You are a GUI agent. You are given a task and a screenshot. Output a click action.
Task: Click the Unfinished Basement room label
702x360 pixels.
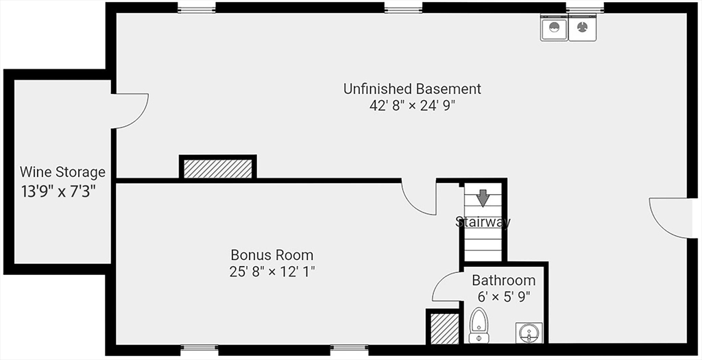pyautogui.click(x=412, y=88)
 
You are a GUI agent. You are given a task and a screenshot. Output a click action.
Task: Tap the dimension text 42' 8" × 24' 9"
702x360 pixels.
pyautogui.click(x=412, y=106)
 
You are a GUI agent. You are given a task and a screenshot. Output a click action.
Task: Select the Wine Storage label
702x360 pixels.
pyautogui.click(x=62, y=172)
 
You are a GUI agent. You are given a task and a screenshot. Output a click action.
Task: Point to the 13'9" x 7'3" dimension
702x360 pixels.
pyautogui.click(x=58, y=191)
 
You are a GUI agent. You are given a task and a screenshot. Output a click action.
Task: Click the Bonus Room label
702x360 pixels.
pyautogui.click(x=272, y=255)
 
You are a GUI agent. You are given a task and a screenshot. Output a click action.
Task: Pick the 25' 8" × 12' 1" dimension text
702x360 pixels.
pyautogui.click(x=272, y=272)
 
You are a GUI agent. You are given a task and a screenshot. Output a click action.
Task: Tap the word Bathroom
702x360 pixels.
pyautogui.click(x=504, y=280)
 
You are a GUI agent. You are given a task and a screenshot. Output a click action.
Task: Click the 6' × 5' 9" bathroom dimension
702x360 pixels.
pyautogui.click(x=504, y=297)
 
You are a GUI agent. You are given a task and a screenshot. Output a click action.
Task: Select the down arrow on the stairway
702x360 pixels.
pyautogui.click(x=482, y=197)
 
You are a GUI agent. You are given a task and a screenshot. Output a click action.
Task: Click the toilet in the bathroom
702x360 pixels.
pyautogui.click(x=479, y=325)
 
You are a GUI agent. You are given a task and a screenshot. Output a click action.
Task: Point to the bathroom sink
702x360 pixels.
pyautogui.click(x=529, y=333)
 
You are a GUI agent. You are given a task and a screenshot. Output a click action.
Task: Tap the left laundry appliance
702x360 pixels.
pyautogui.click(x=554, y=27)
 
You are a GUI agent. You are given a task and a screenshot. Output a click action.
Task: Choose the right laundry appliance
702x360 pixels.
pyautogui.click(x=582, y=27)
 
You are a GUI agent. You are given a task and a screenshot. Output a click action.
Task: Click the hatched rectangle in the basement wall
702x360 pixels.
pyautogui.click(x=218, y=168)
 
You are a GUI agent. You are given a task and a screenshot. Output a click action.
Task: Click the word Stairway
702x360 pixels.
pyautogui.click(x=483, y=221)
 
